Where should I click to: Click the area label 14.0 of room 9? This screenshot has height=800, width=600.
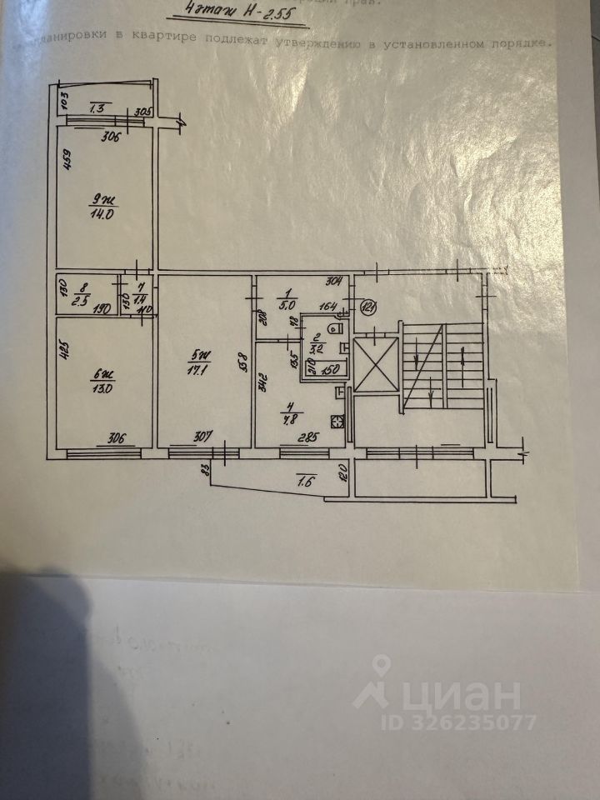(x=102, y=212)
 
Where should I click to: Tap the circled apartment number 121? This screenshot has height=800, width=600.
(x=369, y=307)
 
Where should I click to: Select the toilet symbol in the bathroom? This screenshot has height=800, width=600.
(x=335, y=328)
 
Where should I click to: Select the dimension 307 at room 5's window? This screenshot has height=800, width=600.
(x=203, y=435)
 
